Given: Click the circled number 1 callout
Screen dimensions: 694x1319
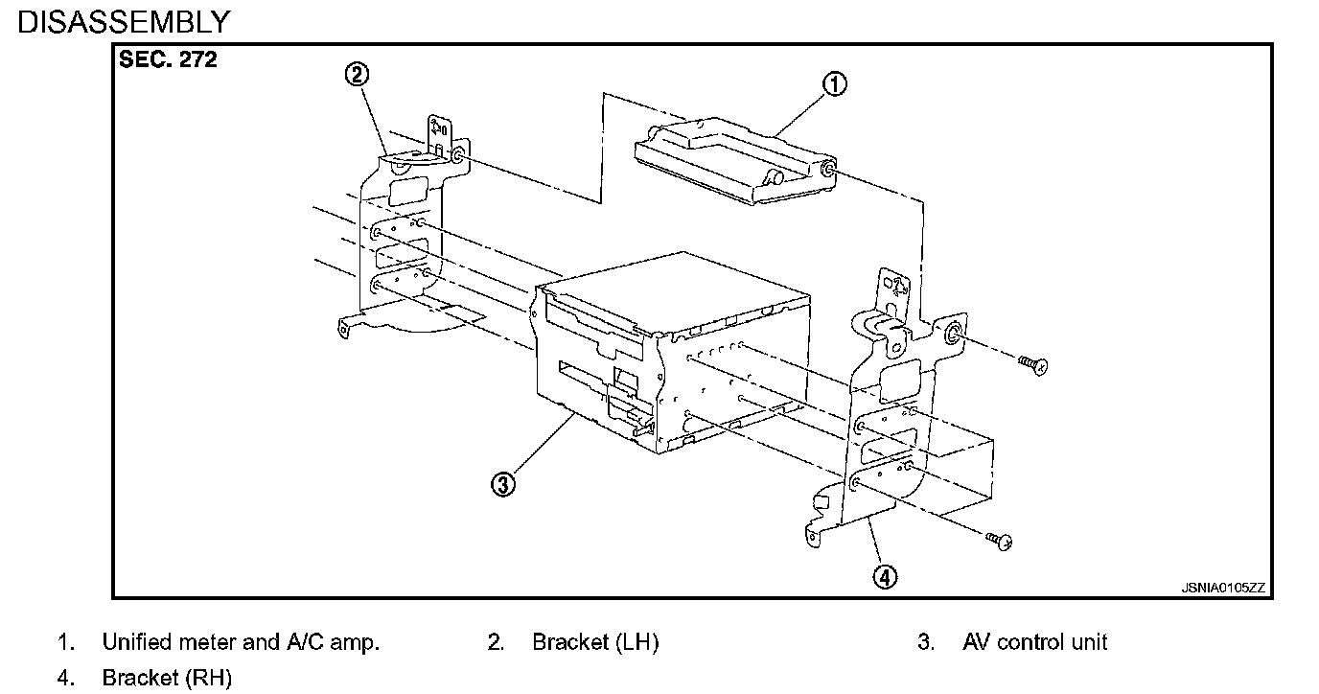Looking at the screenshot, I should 834,84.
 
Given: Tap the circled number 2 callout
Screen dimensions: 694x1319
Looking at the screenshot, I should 357,75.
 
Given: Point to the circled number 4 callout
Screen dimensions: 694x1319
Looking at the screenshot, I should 885,577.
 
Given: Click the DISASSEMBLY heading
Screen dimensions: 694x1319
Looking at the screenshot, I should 125,21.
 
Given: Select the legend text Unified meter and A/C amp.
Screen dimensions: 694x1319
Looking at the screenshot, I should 241,642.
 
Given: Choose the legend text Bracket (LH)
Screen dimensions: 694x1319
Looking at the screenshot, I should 595,642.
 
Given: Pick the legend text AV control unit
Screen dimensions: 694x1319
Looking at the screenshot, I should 1034,642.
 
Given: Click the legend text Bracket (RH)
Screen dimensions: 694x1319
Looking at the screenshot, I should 167,679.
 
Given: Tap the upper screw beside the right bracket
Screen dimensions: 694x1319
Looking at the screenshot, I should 1032,363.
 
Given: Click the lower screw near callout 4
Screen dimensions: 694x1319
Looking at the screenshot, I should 1000,541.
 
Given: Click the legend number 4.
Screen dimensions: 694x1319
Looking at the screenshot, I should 64,679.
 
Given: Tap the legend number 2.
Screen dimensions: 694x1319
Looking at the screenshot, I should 495,642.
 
